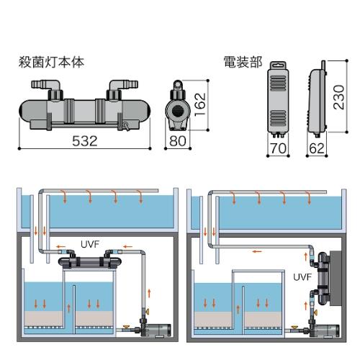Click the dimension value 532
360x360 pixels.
85,141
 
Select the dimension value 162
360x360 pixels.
200,104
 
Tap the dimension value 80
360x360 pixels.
178,141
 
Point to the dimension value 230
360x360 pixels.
339,97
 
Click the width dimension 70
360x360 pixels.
279,148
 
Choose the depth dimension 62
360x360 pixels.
317,148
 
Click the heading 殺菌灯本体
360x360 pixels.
51,62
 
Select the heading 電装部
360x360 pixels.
243,62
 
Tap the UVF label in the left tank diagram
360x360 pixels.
90,244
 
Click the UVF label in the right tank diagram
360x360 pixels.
302,277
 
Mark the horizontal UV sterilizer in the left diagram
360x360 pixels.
89,262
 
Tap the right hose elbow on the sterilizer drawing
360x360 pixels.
122,87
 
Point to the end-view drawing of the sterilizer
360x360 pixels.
178,106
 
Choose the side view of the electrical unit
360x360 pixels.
317,99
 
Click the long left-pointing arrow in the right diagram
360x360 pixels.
257,251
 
